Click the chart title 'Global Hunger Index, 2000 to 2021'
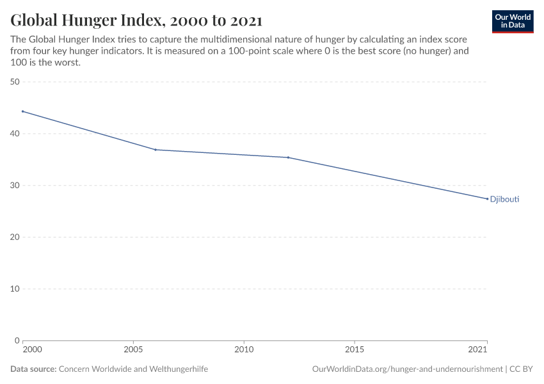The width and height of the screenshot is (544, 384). pos(136,20)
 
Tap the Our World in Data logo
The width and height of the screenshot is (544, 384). pos(512,21)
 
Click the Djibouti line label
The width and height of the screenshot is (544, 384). pos(504,199)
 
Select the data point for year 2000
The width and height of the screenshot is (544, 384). pos(22,111)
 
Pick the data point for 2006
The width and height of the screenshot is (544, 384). pos(156,150)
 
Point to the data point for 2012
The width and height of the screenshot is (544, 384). pos(288,157)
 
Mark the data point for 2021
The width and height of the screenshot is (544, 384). pos(487,198)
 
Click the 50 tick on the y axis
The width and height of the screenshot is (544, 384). pos(15,82)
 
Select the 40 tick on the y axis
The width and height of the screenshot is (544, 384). pos(15,134)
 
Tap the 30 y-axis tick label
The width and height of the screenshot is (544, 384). pos(15,186)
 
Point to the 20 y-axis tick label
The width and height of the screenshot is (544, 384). pos(15,237)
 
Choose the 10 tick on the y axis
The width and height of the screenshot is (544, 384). pos(15,289)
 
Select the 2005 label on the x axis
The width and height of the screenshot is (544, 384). pos(133,350)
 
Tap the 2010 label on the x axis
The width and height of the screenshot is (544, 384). pos(244,350)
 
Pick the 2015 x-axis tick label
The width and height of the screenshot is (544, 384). pos(355,350)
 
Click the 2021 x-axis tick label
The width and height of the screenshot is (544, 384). pos(478,350)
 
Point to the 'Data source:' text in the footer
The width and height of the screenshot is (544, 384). pos(33,369)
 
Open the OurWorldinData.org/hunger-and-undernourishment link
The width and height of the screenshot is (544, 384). pos(407,369)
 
